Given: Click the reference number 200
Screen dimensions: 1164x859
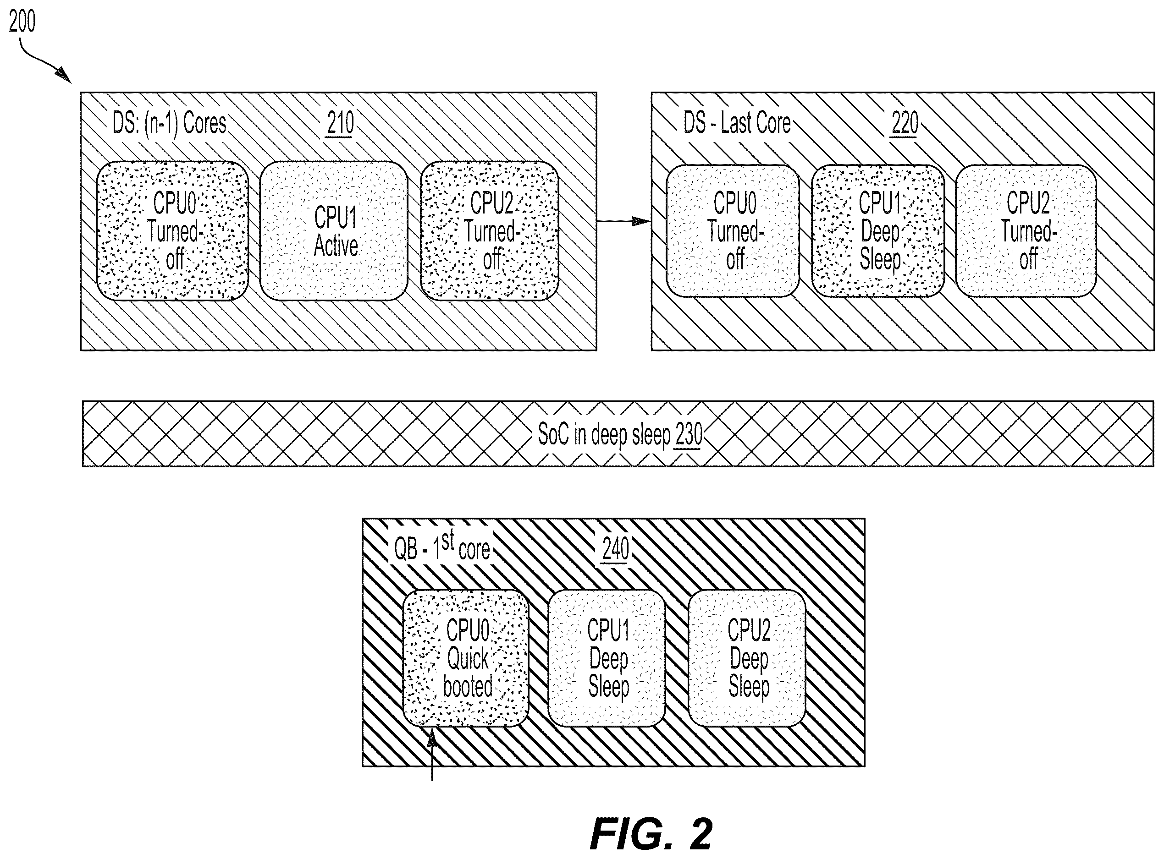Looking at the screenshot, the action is pyautogui.click(x=22, y=22).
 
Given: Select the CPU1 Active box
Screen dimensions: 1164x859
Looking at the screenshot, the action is pyautogui.click(x=334, y=231).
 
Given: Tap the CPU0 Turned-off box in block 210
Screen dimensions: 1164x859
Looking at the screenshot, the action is pyautogui.click(x=173, y=231).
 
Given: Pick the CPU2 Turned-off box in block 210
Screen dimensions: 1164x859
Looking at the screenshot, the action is pyautogui.click(x=490, y=231).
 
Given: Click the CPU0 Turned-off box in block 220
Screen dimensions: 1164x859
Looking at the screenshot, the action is pyautogui.click(x=733, y=231).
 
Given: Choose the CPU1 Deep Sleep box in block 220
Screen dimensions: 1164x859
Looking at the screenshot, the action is pyautogui.click(x=878, y=231).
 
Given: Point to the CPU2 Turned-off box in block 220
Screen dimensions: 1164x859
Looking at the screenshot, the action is pyautogui.click(x=1026, y=231).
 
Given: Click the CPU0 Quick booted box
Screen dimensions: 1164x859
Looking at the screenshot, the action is pyautogui.click(x=466, y=658).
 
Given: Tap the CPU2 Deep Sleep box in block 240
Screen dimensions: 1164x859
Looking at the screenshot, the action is pyautogui.click(x=747, y=658).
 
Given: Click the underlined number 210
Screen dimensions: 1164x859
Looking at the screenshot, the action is pyautogui.click(x=340, y=124).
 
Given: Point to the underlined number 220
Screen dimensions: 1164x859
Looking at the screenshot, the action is pyautogui.click(x=905, y=124).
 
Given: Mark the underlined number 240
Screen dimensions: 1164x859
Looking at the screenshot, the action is pyautogui.click(x=616, y=548).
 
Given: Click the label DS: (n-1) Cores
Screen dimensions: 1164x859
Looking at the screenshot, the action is pyautogui.click(x=169, y=124).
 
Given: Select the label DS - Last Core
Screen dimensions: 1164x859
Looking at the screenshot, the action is pyautogui.click(x=737, y=124).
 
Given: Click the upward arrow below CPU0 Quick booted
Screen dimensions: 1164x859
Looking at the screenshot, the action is pyautogui.click(x=432, y=754).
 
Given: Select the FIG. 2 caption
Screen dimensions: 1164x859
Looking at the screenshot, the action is pyautogui.click(x=651, y=834).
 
